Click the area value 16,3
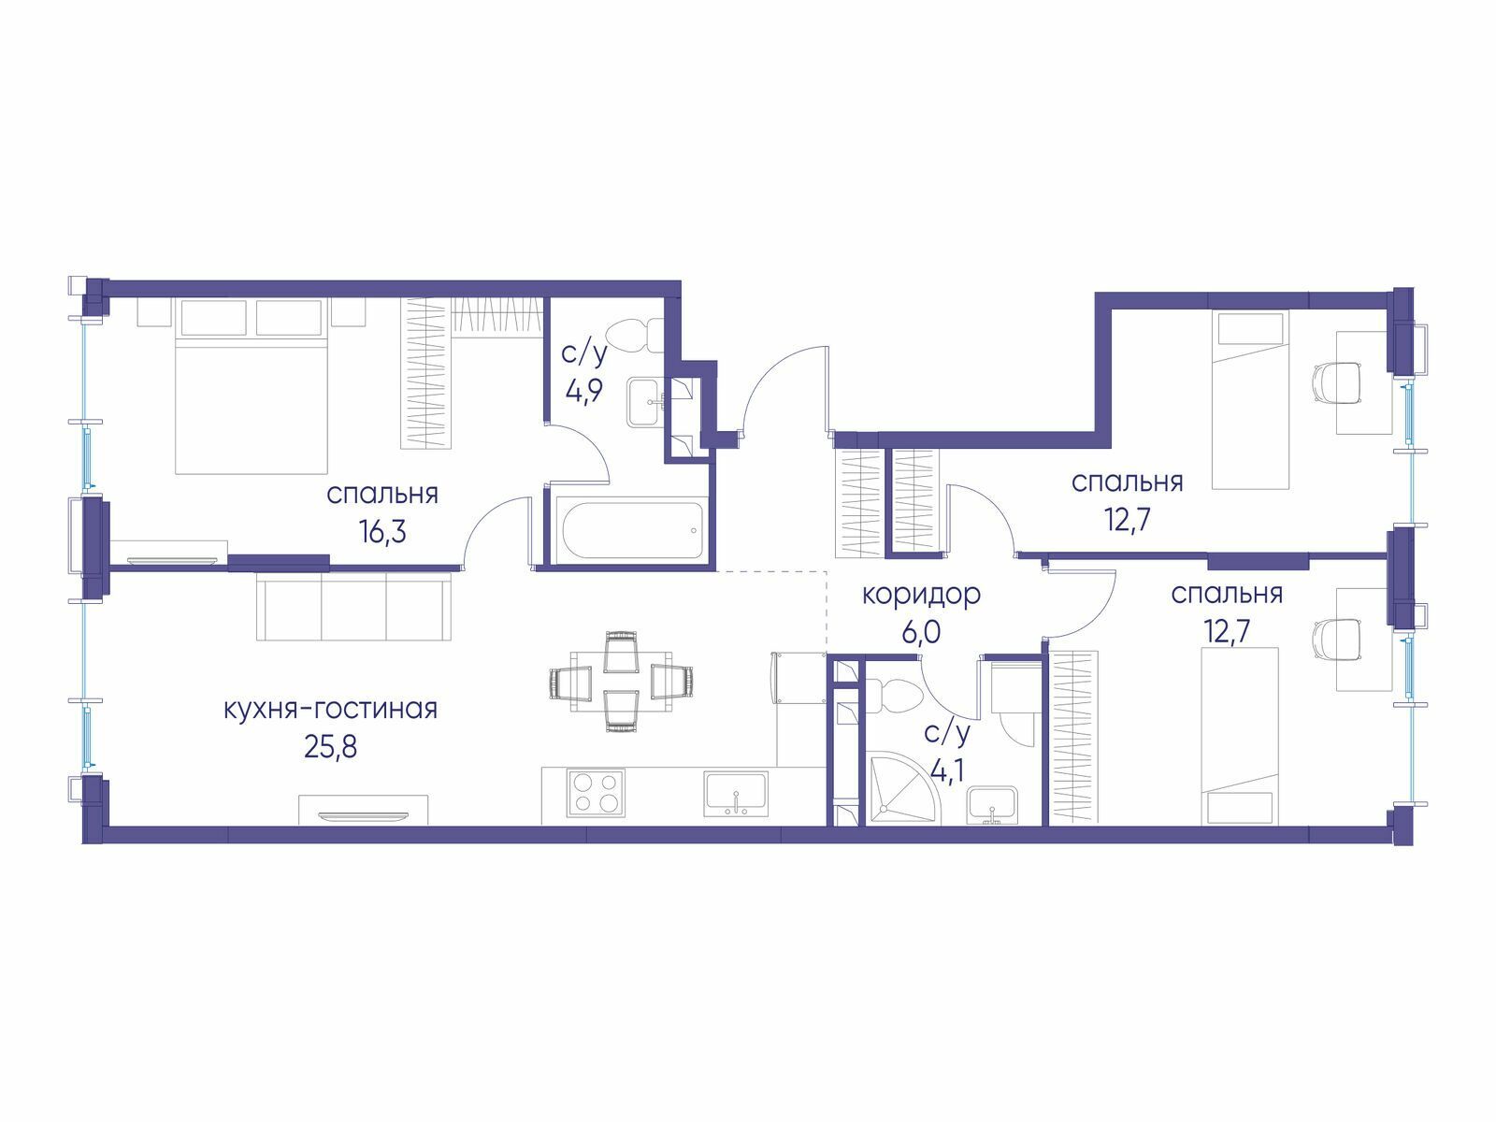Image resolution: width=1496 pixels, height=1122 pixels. coord(382,531)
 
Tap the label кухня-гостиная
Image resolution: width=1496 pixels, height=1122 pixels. coord(331,709)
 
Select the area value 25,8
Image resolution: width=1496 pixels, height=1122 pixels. coord(331,747)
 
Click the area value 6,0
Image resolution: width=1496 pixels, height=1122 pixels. coord(922,632)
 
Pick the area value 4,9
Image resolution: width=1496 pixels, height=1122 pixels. coord(584,392)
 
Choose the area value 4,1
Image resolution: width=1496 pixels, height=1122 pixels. coord(946,772)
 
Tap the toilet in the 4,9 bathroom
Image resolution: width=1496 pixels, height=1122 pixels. coord(633,337)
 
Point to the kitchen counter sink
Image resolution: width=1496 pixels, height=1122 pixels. coord(736,793)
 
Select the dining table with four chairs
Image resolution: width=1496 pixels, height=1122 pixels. coord(621,682)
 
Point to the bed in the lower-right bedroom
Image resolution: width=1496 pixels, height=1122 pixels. coord(1239,737)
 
